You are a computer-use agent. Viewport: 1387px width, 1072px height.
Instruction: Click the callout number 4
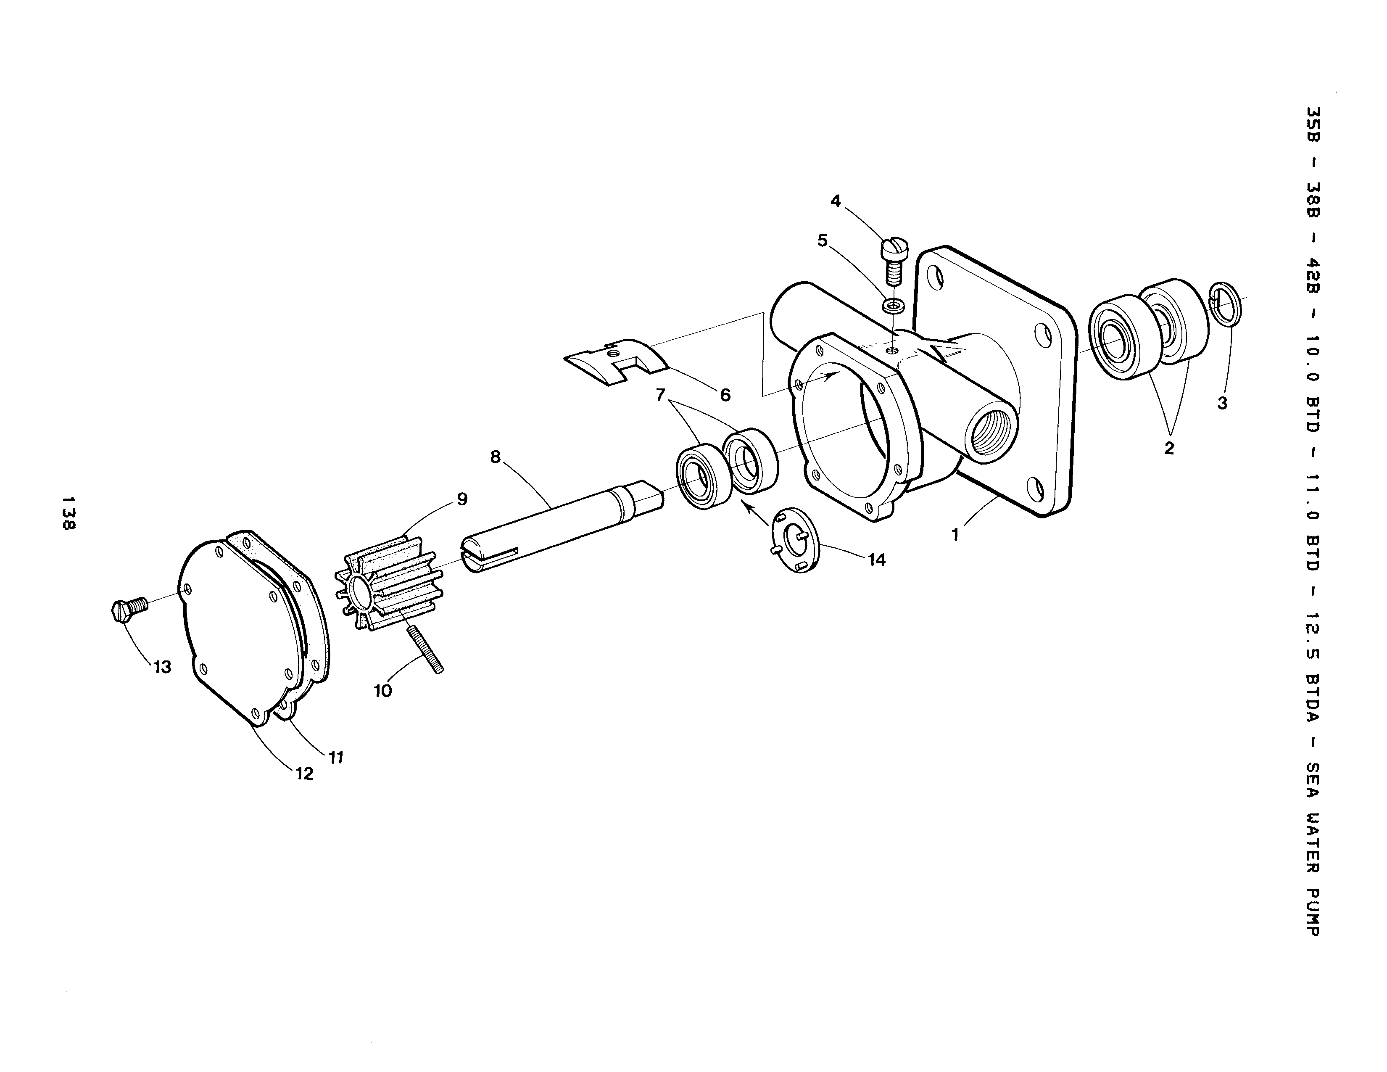click(836, 201)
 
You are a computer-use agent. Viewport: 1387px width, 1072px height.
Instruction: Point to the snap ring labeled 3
click(1225, 303)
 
